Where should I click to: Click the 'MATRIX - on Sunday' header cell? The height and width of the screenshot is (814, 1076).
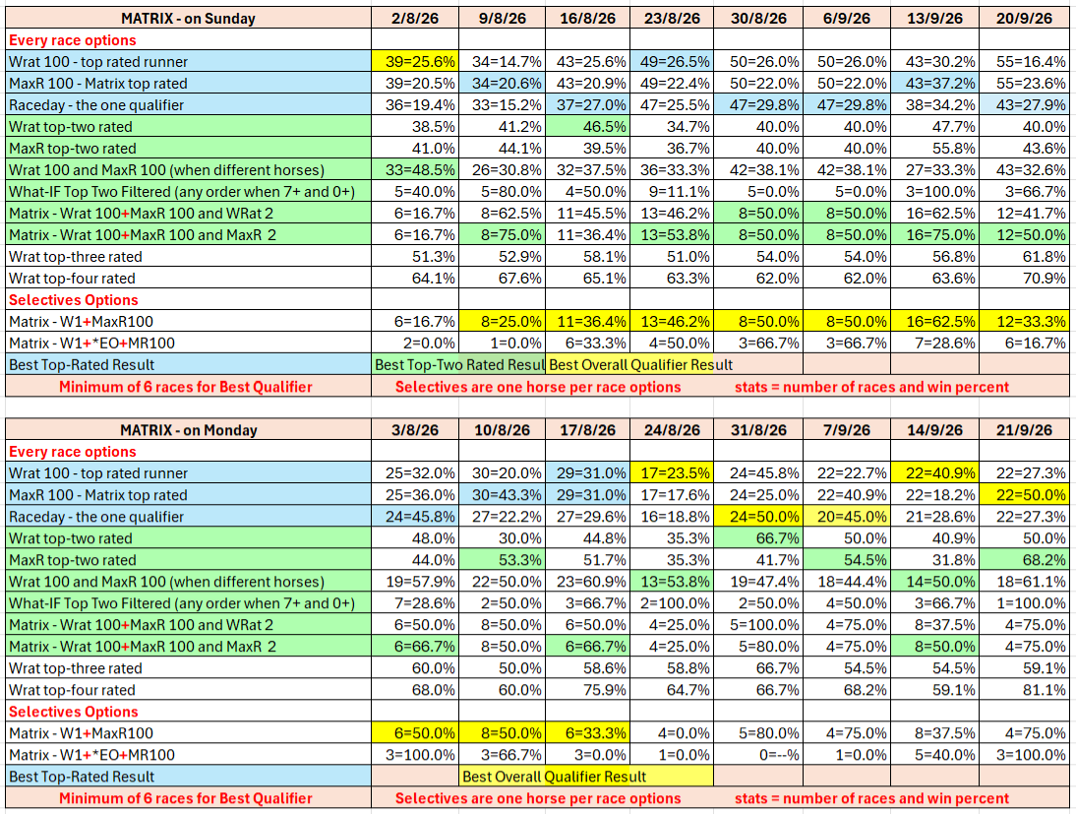pos(188,19)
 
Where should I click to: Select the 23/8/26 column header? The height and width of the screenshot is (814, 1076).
pos(672,19)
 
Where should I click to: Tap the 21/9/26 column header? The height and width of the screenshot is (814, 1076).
pos(1024,430)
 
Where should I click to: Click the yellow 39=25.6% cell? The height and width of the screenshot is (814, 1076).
pos(415,62)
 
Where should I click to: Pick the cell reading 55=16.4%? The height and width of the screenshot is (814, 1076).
pos(1024,62)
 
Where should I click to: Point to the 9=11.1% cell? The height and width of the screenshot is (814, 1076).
pos(672,192)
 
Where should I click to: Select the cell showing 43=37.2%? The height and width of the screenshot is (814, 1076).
pos(934,83)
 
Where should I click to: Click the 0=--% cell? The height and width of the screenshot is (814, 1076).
pos(758,755)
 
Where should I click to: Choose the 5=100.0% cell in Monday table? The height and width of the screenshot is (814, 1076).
pos(758,625)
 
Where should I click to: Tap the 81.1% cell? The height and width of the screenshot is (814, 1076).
pos(1024,690)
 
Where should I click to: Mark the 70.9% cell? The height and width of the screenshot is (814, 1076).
pos(1024,279)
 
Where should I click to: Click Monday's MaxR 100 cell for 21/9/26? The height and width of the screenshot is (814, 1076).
pos(1024,494)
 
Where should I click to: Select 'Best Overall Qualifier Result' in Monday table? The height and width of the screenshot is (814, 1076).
pos(555,777)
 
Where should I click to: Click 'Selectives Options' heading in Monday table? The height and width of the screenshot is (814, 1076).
pos(74,712)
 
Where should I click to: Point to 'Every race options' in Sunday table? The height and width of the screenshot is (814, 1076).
pos(72,39)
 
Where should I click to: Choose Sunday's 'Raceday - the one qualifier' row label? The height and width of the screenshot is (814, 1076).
pos(96,105)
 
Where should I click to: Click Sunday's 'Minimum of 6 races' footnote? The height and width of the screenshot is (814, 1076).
pos(185,387)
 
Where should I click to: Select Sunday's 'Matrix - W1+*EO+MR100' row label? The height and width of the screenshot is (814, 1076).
pos(91,344)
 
